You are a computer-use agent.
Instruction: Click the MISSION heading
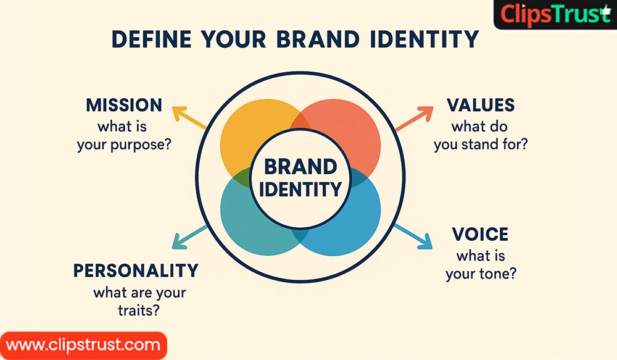tap(124, 104)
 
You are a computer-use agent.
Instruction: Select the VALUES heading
tap(482, 104)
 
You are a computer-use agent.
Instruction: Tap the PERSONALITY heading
tap(136, 270)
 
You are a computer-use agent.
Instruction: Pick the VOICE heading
tap(480, 234)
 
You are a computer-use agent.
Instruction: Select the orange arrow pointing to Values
tap(414, 119)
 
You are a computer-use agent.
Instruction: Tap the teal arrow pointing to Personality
tap(189, 238)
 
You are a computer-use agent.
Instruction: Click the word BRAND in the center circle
tap(300, 167)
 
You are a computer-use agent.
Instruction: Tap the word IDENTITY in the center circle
tap(300, 189)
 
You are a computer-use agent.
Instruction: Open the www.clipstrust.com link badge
tap(83, 345)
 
